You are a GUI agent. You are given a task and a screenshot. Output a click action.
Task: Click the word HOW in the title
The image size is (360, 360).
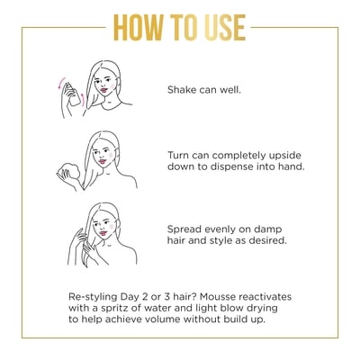click(139, 28)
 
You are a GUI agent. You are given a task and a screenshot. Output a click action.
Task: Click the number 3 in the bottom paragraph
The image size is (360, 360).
click(167, 297)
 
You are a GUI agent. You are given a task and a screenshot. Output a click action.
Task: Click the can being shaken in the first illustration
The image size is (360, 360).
click(73, 94)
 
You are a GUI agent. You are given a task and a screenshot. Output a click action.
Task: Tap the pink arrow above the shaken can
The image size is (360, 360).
click(62, 82)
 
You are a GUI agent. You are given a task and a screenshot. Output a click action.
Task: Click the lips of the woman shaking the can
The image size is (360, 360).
click(103, 90)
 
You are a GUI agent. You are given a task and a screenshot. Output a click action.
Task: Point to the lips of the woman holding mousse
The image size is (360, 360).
click(103, 162)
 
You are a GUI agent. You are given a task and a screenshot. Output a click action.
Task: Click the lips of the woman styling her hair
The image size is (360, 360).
click(103, 233)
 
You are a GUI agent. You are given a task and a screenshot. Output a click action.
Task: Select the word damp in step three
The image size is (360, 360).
click(268, 229)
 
